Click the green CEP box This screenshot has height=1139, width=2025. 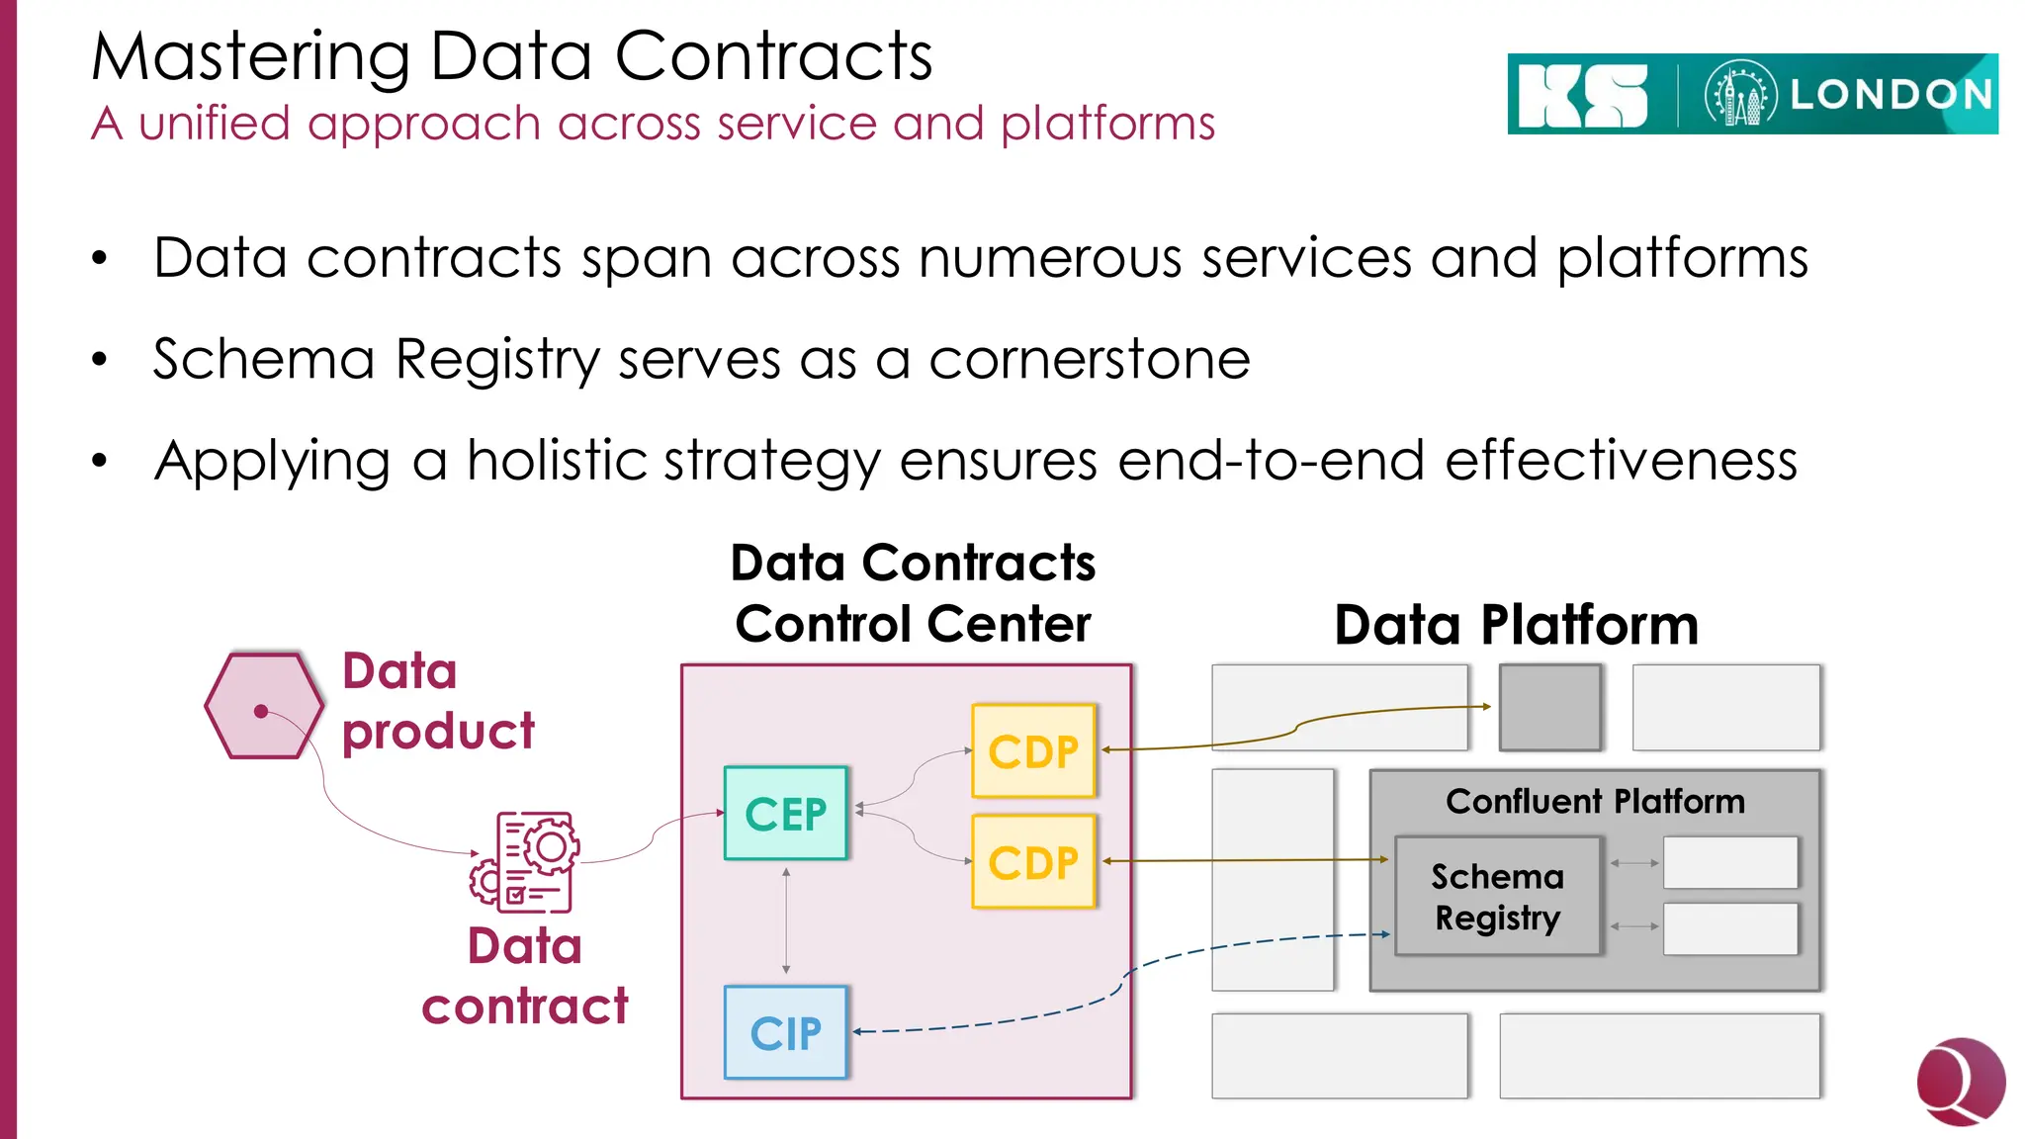tap(785, 813)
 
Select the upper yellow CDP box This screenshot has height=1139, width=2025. tap(1033, 750)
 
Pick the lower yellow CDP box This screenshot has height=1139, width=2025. tap(1033, 861)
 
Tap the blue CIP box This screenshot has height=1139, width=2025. tap(785, 1032)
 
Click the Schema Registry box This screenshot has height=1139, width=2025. tap(1497, 896)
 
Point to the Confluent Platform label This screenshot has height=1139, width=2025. tap(1594, 801)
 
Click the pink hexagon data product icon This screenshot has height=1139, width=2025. tap(263, 706)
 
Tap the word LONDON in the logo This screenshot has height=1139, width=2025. tap(1891, 95)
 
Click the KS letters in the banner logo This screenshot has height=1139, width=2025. tap(1582, 96)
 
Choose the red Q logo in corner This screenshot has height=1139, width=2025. tap(1960, 1081)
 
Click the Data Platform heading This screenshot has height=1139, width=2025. tap(1516, 625)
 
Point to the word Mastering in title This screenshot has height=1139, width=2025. tap(250, 56)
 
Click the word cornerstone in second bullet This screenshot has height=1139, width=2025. tap(1089, 359)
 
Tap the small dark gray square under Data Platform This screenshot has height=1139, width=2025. tap(1549, 707)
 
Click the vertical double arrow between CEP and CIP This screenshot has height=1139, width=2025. tap(786, 920)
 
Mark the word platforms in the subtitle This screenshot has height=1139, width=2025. tap(1107, 125)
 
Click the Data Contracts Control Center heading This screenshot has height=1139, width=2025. tap(913, 593)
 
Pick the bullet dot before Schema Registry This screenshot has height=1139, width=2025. tap(99, 360)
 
